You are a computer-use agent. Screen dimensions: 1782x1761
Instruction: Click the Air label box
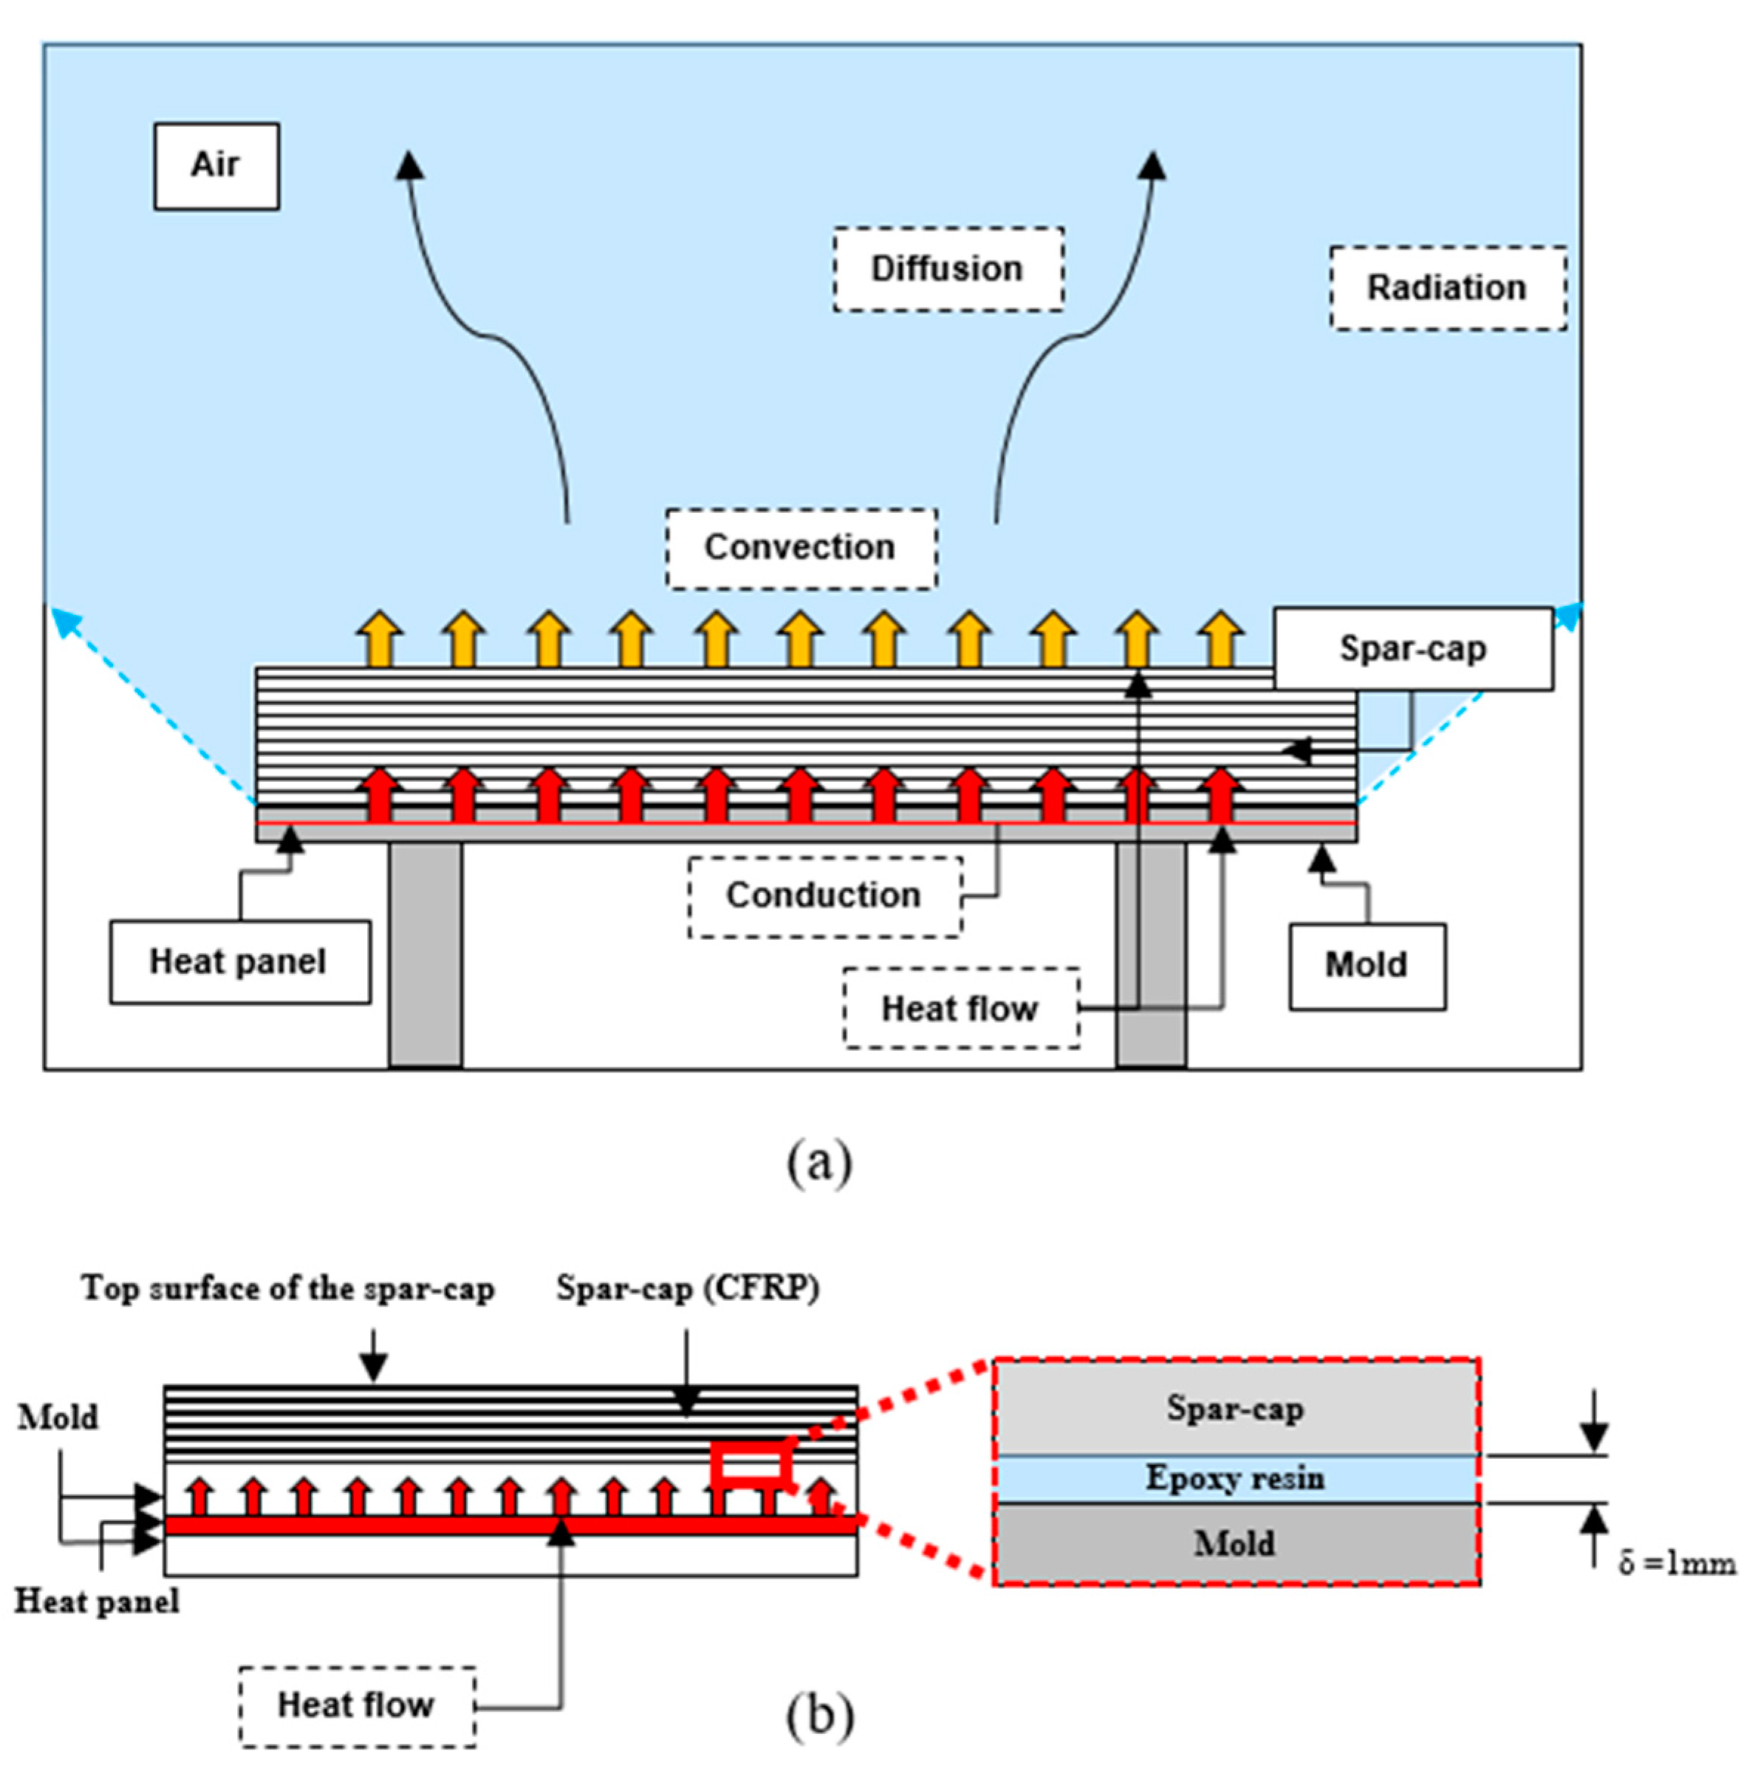tap(216, 166)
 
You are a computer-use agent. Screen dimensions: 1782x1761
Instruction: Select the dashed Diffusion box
tap(948, 269)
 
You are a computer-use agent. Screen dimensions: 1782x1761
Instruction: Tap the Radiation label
tap(1446, 288)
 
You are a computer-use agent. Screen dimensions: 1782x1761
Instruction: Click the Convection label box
tap(800, 548)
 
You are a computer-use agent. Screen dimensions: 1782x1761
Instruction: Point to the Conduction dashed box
tap(824, 896)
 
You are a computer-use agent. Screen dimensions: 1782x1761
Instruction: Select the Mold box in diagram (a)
tap(1367, 966)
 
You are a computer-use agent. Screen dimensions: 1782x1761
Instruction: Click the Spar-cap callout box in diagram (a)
tap(1412, 648)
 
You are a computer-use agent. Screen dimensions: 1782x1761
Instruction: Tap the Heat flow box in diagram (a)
tap(960, 1008)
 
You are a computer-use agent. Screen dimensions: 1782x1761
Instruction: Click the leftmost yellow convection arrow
tap(380, 639)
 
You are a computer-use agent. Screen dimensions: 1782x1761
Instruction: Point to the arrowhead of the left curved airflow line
tap(409, 166)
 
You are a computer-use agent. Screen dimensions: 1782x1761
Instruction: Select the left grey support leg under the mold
tap(425, 955)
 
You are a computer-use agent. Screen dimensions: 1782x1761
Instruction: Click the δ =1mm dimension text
tap(1677, 1563)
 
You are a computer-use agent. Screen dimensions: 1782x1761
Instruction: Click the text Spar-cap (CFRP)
tap(688, 1288)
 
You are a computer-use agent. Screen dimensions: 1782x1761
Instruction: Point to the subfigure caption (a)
tap(818, 1163)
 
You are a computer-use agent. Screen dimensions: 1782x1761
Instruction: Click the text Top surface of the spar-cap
tap(287, 1288)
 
